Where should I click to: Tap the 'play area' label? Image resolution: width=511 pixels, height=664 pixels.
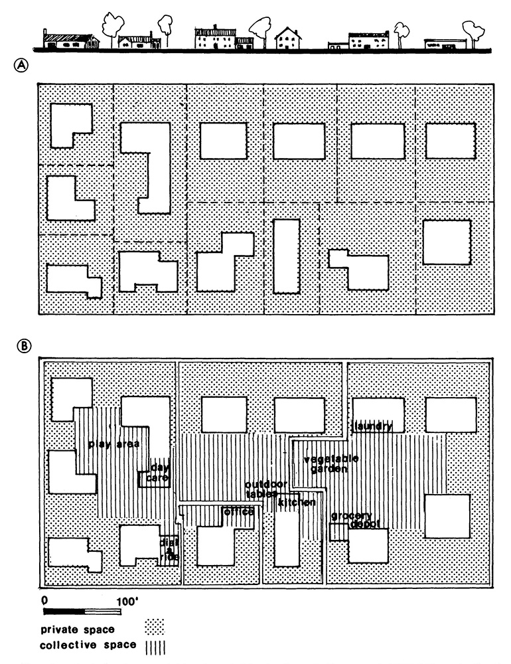(113, 444)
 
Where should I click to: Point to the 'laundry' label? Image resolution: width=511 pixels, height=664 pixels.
(373, 426)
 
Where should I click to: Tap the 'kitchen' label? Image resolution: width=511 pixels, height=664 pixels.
(297, 503)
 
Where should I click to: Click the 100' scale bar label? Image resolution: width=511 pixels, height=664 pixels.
(127, 601)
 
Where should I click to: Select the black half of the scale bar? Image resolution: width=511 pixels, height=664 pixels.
(64, 611)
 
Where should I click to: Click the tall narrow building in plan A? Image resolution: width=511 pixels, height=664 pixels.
(286, 256)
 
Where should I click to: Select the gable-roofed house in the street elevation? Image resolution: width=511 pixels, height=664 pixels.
(288, 39)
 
